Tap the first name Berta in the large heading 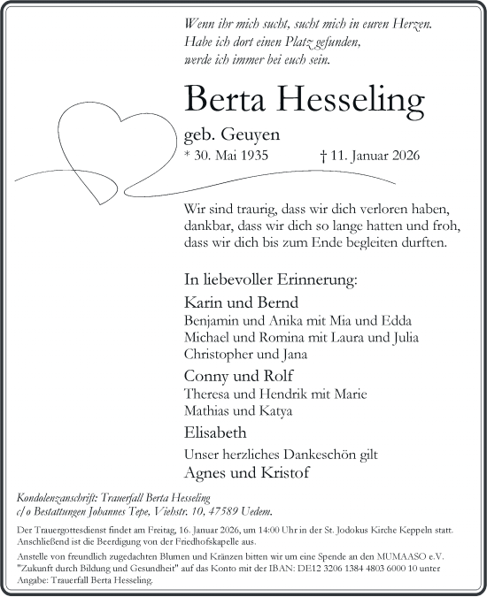(225, 103)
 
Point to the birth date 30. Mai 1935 (226, 157)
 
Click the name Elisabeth (217, 433)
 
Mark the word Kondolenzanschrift (59, 498)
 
